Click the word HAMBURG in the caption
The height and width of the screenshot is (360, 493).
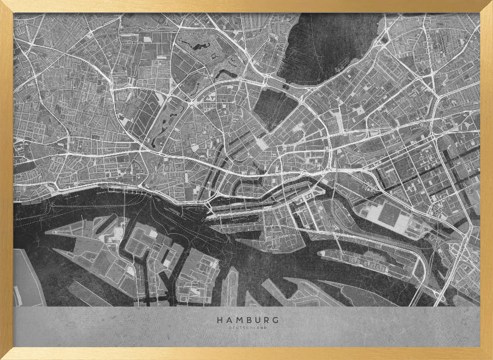(247, 320)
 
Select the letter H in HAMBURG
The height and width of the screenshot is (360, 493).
(219, 320)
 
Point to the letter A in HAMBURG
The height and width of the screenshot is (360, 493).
(228, 320)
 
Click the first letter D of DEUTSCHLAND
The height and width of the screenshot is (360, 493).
(230, 327)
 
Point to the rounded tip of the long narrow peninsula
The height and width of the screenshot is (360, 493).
(321, 253)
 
